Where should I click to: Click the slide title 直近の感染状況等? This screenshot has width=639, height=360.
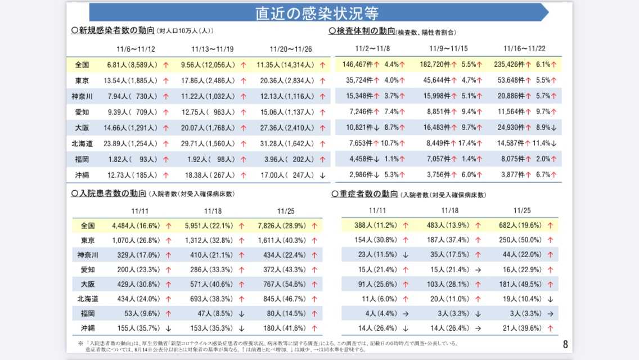(317, 13)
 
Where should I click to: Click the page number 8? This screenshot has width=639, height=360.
(565, 344)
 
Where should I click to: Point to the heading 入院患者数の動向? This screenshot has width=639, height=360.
(109, 194)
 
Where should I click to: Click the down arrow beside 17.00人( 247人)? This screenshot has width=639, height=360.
(322, 175)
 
